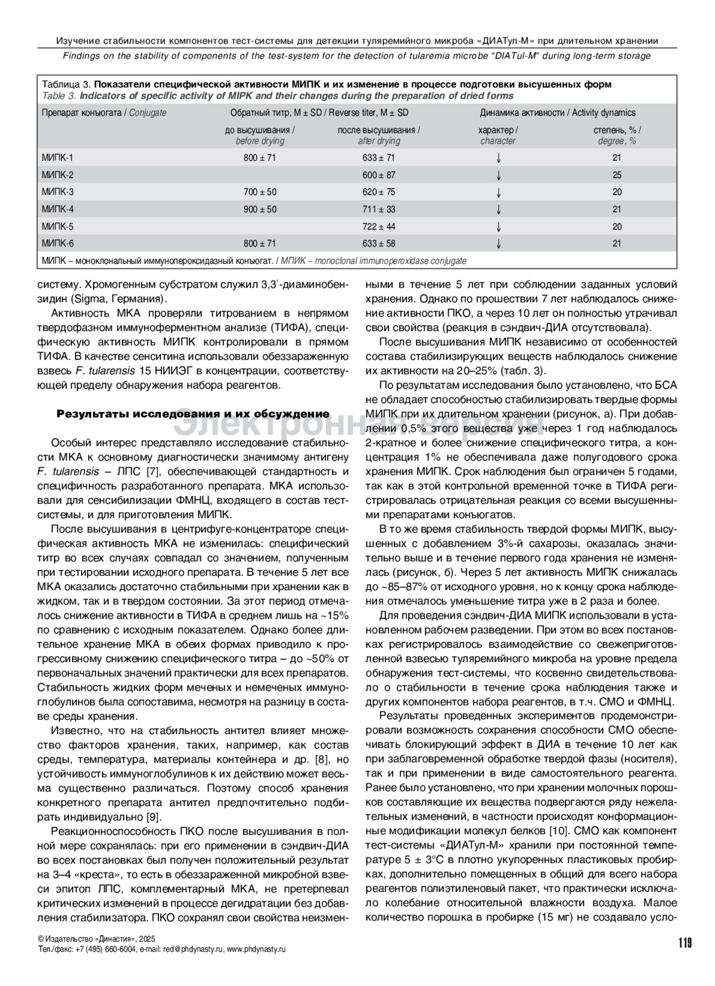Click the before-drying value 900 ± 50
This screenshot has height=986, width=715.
click(x=260, y=209)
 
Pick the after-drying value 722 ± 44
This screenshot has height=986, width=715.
click(x=379, y=226)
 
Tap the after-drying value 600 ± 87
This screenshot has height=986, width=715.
click(x=379, y=175)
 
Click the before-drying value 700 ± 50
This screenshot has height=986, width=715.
click(x=260, y=192)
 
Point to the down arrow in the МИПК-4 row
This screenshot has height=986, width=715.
click(x=498, y=209)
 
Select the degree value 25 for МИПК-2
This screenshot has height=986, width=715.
click(x=617, y=175)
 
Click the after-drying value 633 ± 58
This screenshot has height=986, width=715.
click(x=379, y=244)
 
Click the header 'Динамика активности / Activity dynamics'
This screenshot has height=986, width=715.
click(x=557, y=113)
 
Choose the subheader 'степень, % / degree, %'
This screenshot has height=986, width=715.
click(x=617, y=135)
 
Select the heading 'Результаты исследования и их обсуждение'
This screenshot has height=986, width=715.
click(x=192, y=414)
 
